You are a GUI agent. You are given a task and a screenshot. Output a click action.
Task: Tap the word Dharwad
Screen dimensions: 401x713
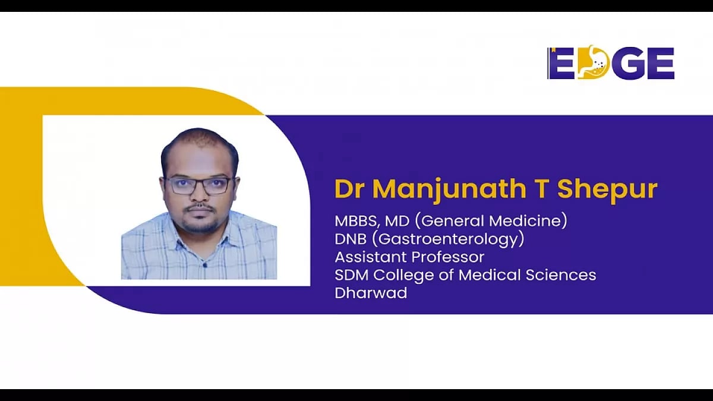pyautogui.click(x=371, y=293)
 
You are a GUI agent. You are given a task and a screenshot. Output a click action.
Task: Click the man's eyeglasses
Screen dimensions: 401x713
pyautogui.click(x=199, y=185)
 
